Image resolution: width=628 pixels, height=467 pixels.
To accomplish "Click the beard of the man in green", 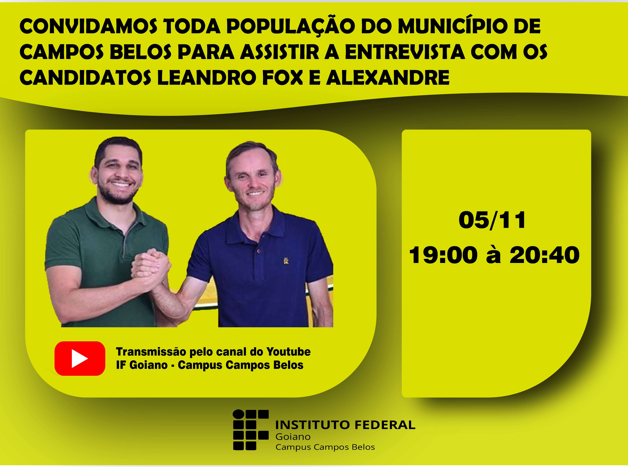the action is [117, 194].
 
